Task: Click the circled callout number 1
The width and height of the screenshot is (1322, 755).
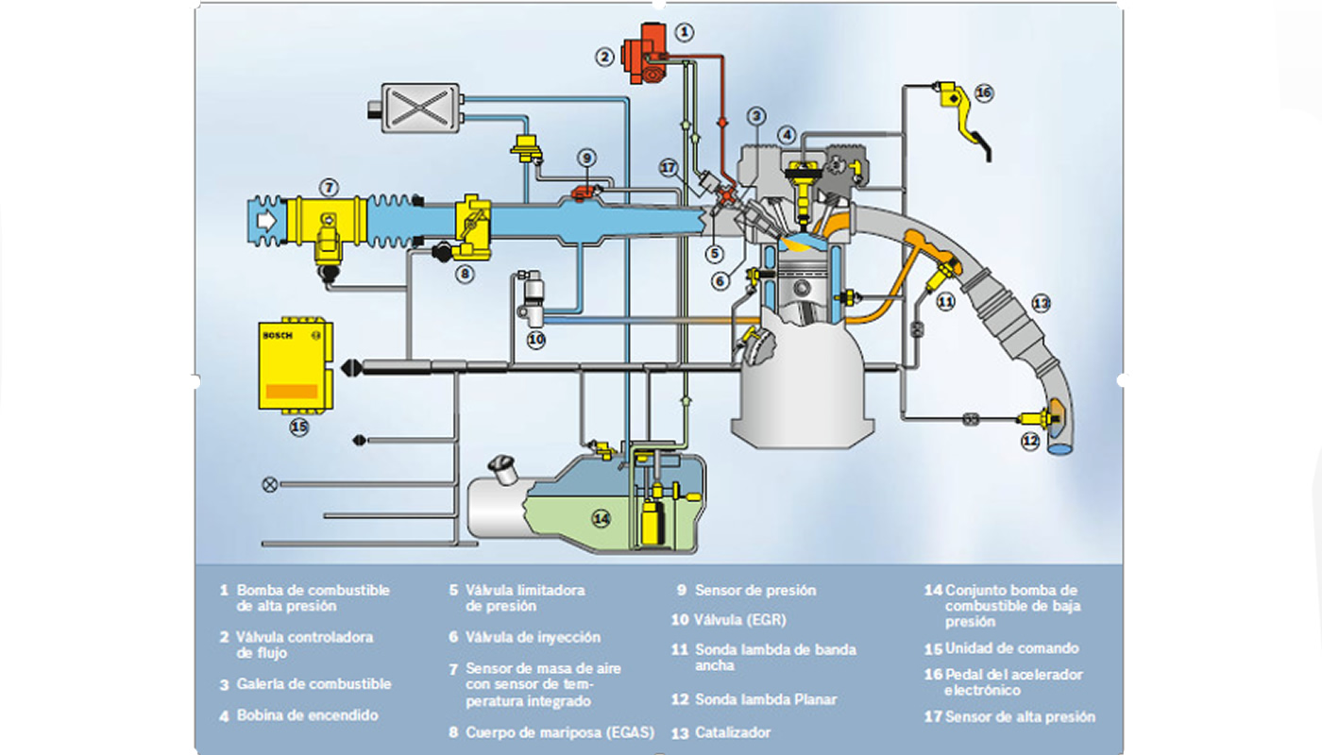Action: click(686, 31)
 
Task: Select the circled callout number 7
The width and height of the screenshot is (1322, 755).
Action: click(328, 187)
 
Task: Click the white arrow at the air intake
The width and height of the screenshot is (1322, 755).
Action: click(266, 220)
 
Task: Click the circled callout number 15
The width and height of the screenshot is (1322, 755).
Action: click(299, 427)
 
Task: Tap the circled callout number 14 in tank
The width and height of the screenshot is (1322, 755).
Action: click(602, 517)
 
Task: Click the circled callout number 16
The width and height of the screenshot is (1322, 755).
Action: click(984, 92)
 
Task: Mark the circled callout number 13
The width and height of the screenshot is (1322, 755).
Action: click(1041, 304)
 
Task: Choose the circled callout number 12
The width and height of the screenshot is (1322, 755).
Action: click(1030, 441)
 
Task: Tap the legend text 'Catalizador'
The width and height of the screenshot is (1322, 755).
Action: click(733, 732)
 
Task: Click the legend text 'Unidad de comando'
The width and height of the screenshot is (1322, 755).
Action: click(1012, 648)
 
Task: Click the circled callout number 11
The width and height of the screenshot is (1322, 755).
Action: click(945, 302)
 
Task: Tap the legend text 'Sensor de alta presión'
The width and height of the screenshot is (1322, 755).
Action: click(1020, 717)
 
